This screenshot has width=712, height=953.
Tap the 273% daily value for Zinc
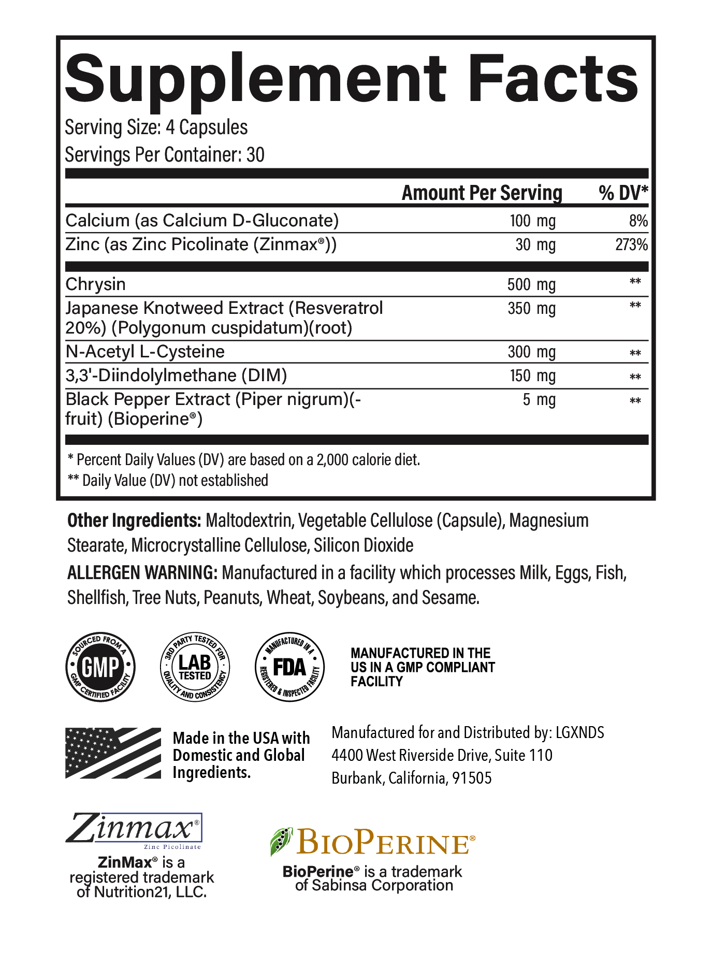tap(631, 244)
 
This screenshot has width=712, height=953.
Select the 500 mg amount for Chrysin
tap(531, 284)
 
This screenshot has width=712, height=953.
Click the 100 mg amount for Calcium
tap(532, 221)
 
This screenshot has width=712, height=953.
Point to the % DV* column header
tap(623, 193)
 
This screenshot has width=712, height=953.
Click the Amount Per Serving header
tap(482, 193)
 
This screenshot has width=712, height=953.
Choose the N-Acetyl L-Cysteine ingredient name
tap(145, 352)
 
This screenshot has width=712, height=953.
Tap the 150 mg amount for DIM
tap(532, 376)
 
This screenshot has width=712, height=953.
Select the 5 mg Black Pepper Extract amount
tap(539, 400)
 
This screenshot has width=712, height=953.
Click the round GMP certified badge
tap(100, 667)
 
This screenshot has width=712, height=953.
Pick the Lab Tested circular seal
tap(195, 667)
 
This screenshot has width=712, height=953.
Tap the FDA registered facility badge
tap(290, 667)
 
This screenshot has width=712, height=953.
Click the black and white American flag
tap(113, 753)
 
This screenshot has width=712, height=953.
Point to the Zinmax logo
tap(133, 829)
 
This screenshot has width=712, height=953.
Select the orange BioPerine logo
tap(372, 842)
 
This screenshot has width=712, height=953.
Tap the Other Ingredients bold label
tap(134, 521)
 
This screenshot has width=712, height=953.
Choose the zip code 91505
tap(472, 778)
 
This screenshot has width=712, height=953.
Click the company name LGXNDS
tap(579, 732)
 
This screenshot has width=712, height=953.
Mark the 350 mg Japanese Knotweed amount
tap(531, 309)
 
